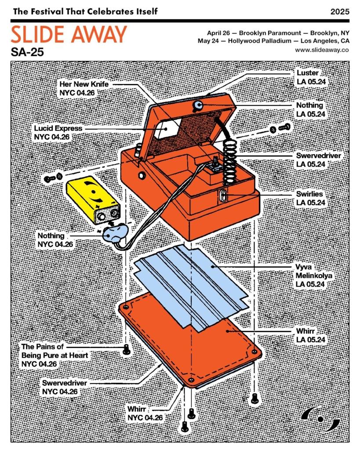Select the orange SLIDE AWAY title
[69, 35]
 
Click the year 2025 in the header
[340, 11]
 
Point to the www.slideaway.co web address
[322, 50]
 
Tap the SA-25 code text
[28, 52]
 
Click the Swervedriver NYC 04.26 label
[65, 387]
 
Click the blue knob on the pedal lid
[197, 105]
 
